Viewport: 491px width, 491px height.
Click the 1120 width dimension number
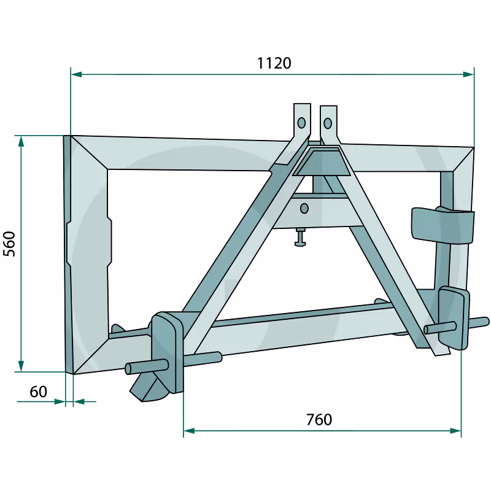[x=274, y=63]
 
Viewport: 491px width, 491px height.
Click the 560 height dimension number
[x=9, y=244]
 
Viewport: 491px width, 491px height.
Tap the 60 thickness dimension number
[x=38, y=392]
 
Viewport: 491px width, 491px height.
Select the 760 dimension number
[x=319, y=420]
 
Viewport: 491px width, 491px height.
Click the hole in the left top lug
[x=301, y=123]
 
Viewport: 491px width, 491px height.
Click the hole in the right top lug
[x=328, y=123]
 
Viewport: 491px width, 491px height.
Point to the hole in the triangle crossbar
[x=304, y=209]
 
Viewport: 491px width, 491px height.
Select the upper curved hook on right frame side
[x=442, y=225]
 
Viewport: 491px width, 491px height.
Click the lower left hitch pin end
[x=128, y=369]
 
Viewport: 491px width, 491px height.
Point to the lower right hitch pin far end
[x=485, y=322]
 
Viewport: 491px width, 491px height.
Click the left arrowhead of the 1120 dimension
[x=76, y=74]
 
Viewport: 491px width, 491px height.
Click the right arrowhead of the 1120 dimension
[x=468, y=74]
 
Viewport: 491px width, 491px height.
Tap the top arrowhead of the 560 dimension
[x=21, y=141]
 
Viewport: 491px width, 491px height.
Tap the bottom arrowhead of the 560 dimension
[x=21, y=366]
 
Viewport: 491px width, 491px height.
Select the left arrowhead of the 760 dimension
[x=189, y=431]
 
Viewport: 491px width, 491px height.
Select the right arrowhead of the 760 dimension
[x=455, y=431]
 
